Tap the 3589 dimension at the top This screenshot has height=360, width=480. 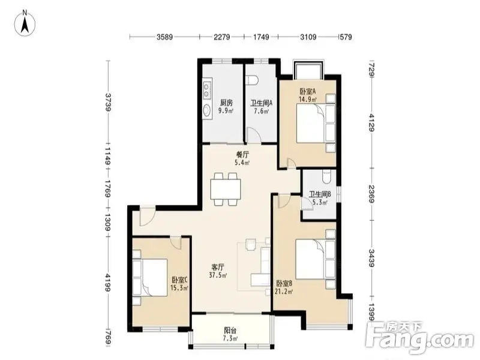click(x=164, y=37)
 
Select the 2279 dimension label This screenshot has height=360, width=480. click(x=222, y=37)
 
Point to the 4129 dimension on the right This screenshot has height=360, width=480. click(x=372, y=122)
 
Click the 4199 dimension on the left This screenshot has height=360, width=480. click(x=108, y=283)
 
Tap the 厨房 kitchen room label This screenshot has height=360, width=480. click(x=226, y=103)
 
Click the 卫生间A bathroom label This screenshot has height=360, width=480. click(x=262, y=103)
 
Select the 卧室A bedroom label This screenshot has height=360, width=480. click(x=308, y=91)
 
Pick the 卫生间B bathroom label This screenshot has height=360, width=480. click(x=320, y=194)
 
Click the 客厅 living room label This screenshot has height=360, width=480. click(x=218, y=267)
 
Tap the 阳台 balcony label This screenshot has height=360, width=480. click(x=230, y=331)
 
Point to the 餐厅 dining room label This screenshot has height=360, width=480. click(x=242, y=155)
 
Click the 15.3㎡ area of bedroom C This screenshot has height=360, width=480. click(x=179, y=288)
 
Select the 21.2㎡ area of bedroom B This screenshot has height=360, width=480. click(x=284, y=292)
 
